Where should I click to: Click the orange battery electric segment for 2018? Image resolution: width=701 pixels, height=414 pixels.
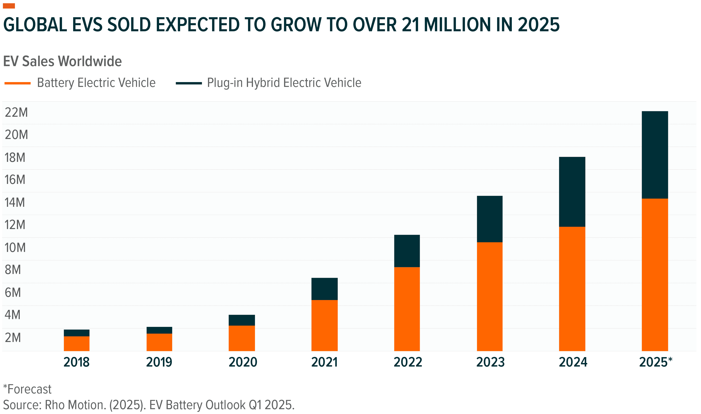point(77,343)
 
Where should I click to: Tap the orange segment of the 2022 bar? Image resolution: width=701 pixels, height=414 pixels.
point(407,309)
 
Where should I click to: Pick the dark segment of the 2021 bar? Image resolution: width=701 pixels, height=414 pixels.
point(324,289)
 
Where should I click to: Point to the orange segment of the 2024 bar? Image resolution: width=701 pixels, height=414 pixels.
point(572,289)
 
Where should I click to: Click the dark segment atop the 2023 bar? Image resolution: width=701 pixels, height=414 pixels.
point(490,219)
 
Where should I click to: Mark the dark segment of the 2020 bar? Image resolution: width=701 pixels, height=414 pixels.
point(242,320)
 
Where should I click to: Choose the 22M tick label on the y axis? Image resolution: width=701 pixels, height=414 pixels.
point(16,113)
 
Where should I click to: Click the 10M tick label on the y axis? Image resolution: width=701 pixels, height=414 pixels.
point(15,248)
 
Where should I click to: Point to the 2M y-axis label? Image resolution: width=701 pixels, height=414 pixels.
point(13,338)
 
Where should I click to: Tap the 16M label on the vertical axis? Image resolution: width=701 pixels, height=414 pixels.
point(15,180)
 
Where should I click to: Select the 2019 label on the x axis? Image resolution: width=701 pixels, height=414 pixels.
point(159,362)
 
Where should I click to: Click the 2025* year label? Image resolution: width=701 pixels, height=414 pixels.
point(655,362)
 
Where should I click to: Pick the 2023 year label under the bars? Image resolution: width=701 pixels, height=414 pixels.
point(490,362)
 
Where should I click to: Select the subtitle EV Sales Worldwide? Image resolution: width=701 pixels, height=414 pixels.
point(62,61)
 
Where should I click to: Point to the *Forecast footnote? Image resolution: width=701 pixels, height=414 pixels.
point(27,389)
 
